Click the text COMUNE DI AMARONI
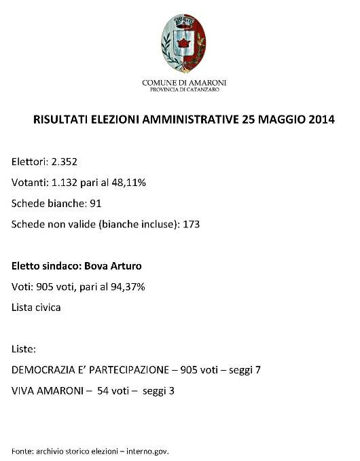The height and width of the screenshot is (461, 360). tap(179, 82)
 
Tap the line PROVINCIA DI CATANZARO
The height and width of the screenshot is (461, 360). tap(179, 89)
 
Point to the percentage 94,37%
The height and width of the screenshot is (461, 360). tap(126, 287)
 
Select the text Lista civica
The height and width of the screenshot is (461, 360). tap(36, 307)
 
